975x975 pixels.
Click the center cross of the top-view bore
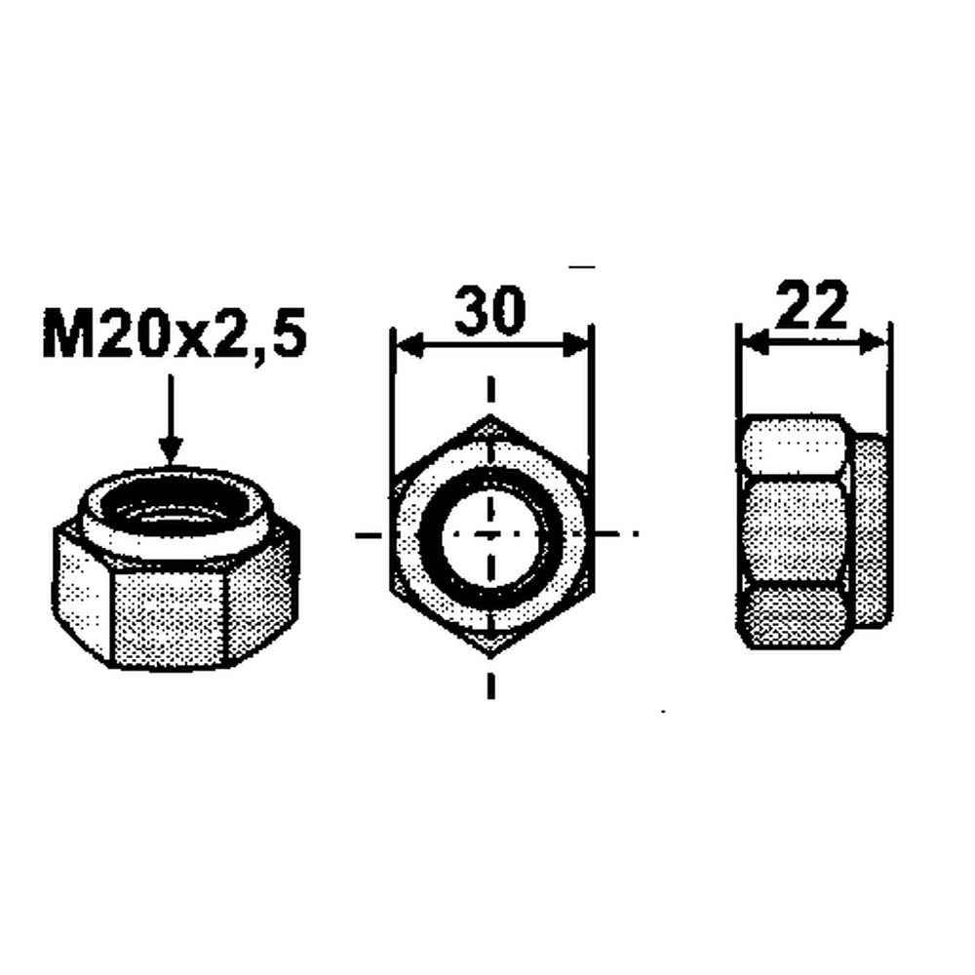[x=490, y=534]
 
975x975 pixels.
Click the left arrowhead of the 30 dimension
[x=400, y=346]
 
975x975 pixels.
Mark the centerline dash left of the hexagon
[x=365, y=534]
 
